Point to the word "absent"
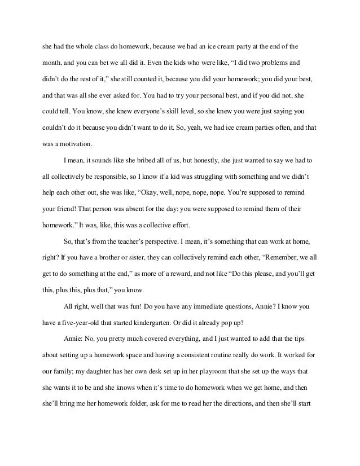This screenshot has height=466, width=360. click(162, 208)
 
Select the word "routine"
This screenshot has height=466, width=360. click(243, 357)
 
